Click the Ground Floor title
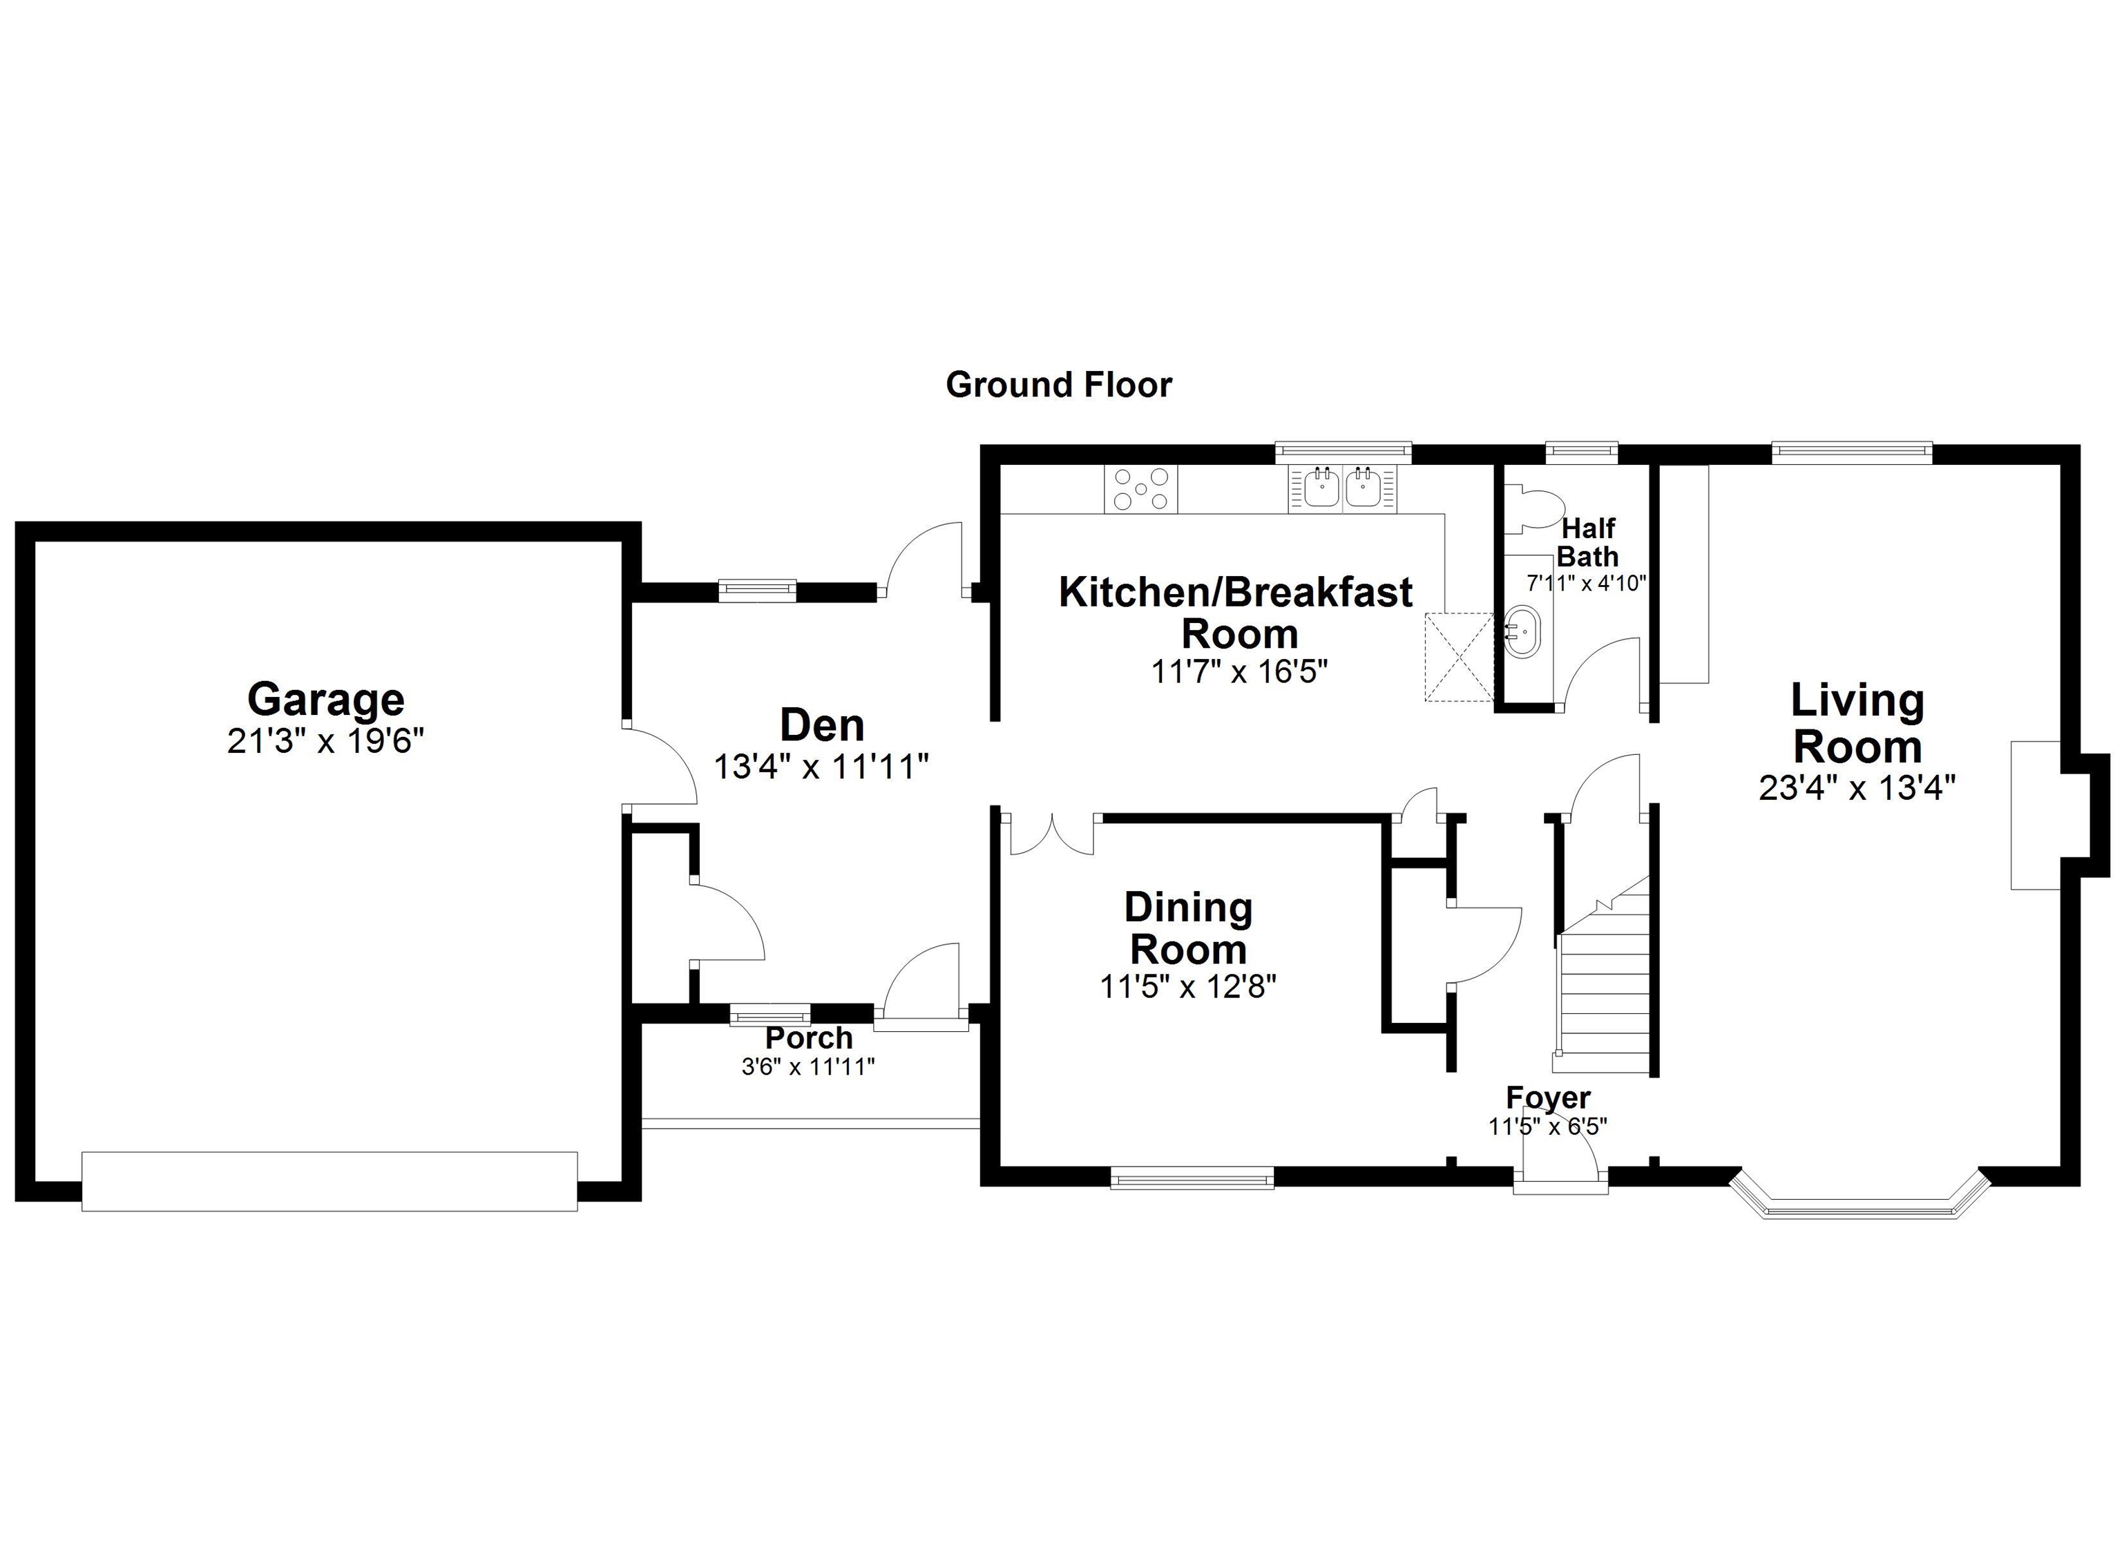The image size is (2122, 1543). (1058, 385)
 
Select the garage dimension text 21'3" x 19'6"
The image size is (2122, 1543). (325, 741)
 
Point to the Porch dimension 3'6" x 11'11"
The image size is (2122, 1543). (808, 1066)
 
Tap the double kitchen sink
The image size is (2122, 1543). (1343, 488)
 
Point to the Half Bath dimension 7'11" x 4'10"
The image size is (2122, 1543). (1587, 583)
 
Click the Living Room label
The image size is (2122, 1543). (1857, 723)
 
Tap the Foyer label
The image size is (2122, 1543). (1547, 1097)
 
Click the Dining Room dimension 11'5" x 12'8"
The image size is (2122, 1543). (1188, 986)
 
